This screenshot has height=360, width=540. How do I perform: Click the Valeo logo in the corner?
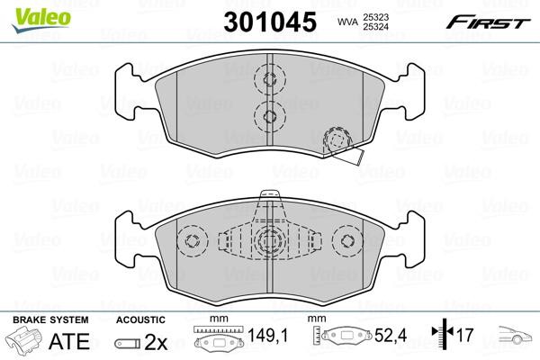click(41, 20)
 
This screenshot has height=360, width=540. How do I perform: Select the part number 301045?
click(270, 22)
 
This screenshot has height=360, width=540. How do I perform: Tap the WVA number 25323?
click(375, 17)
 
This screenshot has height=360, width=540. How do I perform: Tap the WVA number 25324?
click(375, 26)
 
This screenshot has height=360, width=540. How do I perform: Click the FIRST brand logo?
click(489, 22)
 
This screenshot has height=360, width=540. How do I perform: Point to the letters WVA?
click(347, 22)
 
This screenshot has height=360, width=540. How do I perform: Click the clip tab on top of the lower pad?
click(270, 194)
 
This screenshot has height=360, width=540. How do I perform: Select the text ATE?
click(69, 341)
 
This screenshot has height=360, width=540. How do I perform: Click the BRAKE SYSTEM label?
click(50, 319)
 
